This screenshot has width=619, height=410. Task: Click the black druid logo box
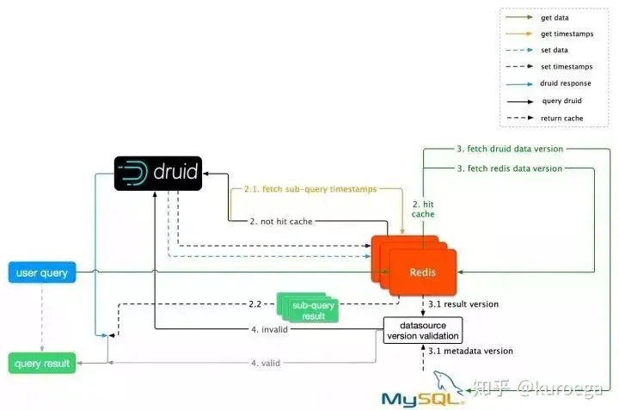[158, 174]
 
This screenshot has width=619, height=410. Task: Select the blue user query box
[42, 272]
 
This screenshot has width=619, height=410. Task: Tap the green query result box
[42, 363]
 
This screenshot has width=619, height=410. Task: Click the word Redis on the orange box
[423, 272]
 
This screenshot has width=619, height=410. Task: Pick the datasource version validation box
[423, 330]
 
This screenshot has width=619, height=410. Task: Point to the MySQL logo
[423, 391]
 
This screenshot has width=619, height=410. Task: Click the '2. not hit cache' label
[281, 222]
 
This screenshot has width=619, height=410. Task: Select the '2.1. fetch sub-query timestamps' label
[310, 189]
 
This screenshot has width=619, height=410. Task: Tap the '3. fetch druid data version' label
[510, 149]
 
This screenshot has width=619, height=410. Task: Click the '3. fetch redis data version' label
[510, 168]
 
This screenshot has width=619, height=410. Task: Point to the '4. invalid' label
[270, 329]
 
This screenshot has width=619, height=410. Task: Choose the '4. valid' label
[266, 363]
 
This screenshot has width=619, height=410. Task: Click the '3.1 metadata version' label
[470, 351]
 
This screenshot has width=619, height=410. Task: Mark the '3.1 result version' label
[463, 304]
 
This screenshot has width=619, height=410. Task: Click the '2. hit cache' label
[423, 209]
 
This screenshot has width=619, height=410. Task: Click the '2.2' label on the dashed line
[255, 304]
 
